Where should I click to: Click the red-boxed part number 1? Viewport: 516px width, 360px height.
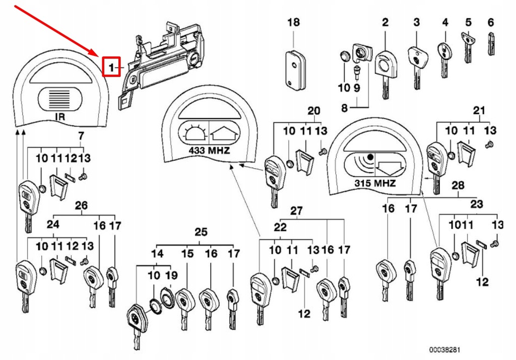coord(111,66)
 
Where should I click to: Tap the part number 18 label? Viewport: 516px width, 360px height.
coord(293,22)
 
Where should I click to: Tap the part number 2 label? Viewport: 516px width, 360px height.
coord(385,22)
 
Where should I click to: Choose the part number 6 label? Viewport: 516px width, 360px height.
coord(490,22)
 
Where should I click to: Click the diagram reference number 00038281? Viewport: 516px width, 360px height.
coord(444,348)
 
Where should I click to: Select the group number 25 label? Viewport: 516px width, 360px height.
coord(201,232)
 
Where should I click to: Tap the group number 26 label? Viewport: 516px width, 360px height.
coord(81,205)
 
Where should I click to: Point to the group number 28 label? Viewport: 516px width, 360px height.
coord(458,186)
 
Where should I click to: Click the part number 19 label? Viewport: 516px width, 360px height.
coord(171,275)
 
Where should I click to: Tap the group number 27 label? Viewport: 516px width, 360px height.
coord(296,210)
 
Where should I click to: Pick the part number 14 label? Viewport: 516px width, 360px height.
coord(157,254)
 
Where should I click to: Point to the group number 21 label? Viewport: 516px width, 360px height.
coord(479,110)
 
